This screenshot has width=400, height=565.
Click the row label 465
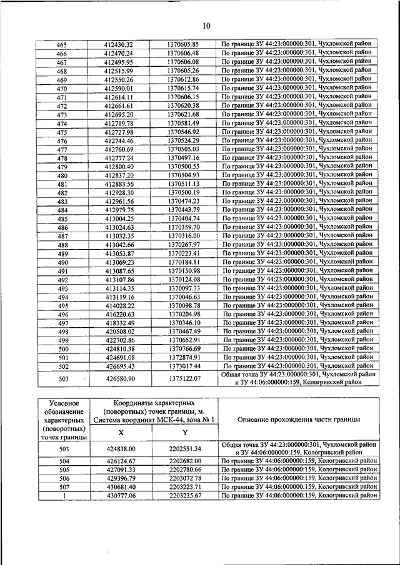pyautogui.click(x=62, y=45)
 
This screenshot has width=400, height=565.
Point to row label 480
pyautogui.click(x=62, y=176)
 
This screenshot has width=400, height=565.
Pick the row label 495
pyautogui.click(x=62, y=307)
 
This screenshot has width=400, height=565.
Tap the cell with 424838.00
pyautogui.click(x=121, y=448)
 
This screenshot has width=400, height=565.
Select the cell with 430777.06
pyautogui.click(x=121, y=495)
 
